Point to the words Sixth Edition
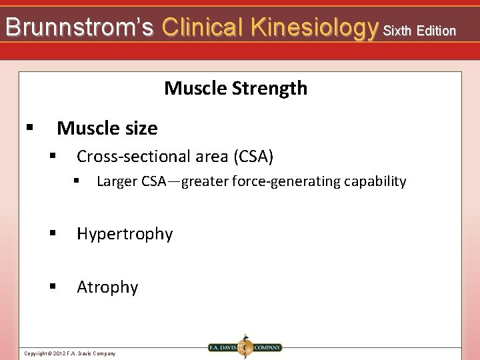pyautogui.click(x=419, y=30)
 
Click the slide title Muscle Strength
pyautogui.click(x=235, y=88)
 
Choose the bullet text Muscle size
pyautogui.click(x=107, y=127)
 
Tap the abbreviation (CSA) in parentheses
pyautogui.click(x=253, y=157)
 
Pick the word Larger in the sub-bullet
pyautogui.click(x=117, y=181)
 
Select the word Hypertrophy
pyautogui.click(x=125, y=234)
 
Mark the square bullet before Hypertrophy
pyautogui.click(x=53, y=233)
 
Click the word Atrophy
pyautogui.click(x=107, y=287)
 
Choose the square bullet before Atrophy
pyautogui.click(x=53, y=287)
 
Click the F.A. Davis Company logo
pyautogui.click(x=245, y=347)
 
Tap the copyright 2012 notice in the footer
pyautogui.click(x=69, y=353)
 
